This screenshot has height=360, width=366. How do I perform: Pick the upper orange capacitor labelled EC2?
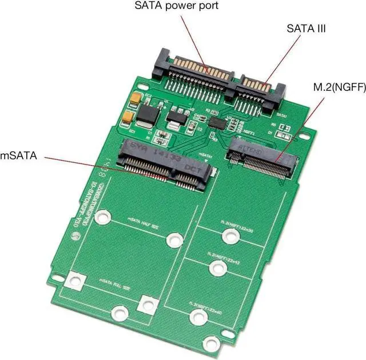(136, 99)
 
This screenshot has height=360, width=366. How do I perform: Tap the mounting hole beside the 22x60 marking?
(198, 315)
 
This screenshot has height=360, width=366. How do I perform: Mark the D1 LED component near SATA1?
(280, 135)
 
